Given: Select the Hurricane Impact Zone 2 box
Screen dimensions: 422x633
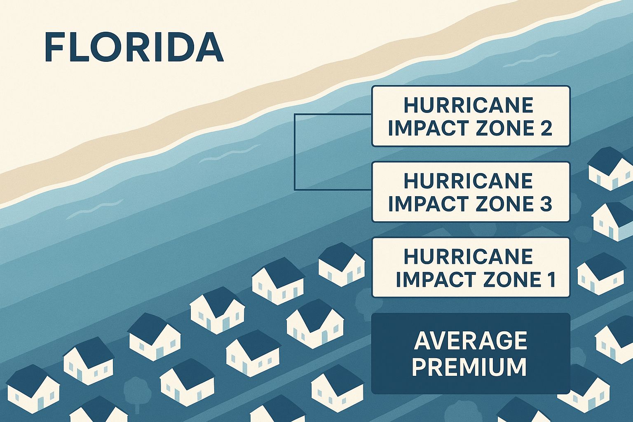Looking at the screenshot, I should coord(471,116).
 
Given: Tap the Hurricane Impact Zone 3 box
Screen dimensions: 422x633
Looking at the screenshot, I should coord(471,192).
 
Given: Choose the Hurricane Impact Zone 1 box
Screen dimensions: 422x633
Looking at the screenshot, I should coord(471,267).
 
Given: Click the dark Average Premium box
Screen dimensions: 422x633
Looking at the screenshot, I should coord(471,354).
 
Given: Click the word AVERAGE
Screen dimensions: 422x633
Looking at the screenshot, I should coord(471,340).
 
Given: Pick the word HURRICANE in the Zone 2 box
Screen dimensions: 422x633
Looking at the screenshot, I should coord(468,105).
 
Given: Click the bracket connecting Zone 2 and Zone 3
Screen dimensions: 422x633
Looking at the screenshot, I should coord(295,152).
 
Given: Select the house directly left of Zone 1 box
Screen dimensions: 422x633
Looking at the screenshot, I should coord(341,264).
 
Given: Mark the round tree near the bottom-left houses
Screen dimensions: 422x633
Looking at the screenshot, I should coord(135,390).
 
